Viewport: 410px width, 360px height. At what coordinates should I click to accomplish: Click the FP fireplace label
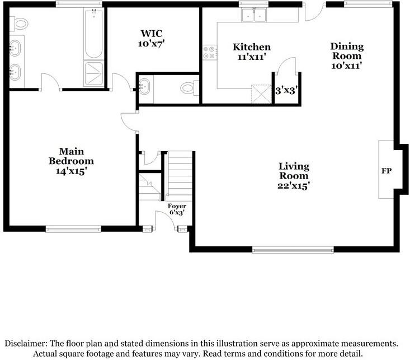click(385, 170)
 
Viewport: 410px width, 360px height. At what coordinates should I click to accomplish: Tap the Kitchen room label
click(252, 47)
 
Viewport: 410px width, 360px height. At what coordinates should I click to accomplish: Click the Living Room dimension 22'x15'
click(293, 185)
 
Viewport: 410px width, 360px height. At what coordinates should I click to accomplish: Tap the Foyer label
click(177, 206)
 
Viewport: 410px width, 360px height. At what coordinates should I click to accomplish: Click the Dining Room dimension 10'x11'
click(347, 66)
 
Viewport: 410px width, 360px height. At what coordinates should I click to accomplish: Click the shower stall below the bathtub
click(93, 72)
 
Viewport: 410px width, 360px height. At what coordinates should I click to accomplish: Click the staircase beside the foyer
click(180, 174)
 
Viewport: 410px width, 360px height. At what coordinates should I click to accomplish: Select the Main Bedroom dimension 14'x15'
click(71, 171)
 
